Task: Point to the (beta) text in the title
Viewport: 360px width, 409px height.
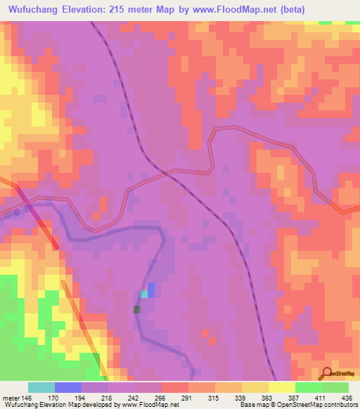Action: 290,9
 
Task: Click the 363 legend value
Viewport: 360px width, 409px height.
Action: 268,398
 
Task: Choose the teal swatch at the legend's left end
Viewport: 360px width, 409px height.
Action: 41,387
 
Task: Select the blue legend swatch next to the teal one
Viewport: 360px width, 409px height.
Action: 68,387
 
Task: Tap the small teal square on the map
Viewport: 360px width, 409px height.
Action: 144,294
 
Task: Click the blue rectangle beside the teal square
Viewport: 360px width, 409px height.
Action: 151,290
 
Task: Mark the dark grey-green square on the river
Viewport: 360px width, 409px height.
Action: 137,309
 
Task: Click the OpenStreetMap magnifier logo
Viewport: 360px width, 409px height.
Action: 328,373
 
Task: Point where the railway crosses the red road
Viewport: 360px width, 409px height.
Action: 167,172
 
